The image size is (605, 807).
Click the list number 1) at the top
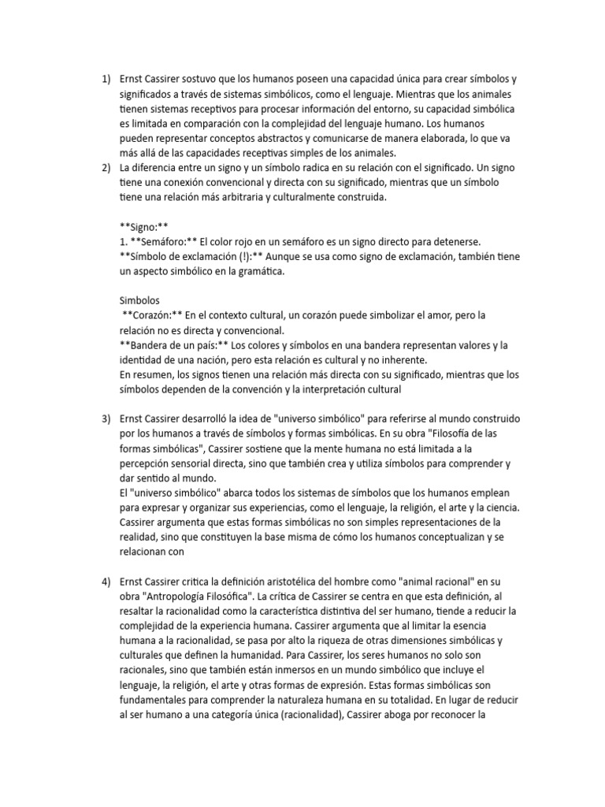pyautogui.click(x=107, y=80)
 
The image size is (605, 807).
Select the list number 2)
pyautogui.click(x=107, y=168)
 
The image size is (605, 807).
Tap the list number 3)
pyautogui.click(x=107, y=418)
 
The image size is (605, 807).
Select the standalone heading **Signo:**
pyautogui.click(x=144, y=226)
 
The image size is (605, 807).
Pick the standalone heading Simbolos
pyautogui.click(x=139, y=300)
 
